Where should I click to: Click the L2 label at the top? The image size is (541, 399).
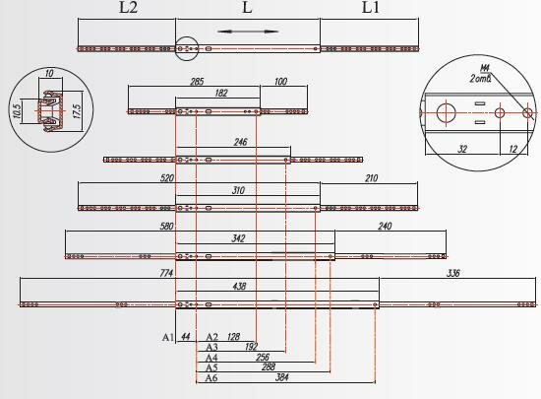tap(128, 7)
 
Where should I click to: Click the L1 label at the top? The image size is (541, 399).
tap(371, 7)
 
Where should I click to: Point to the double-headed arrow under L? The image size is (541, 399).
tap(247, 32)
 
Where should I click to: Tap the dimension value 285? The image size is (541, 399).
tap(197, 82)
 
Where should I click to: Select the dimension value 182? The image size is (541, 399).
tap(221, 93)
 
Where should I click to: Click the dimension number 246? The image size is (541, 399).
tap(240, 142)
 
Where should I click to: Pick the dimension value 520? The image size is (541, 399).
tap(167, 178)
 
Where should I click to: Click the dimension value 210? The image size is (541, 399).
tap(371, 178)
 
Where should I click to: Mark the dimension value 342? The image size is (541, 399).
tap(238, 238)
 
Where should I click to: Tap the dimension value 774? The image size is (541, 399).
tap(166, 273)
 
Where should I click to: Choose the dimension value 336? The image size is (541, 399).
tap(453, 273)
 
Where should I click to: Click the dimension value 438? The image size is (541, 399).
tap(239, 286)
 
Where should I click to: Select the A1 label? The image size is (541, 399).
tap(168, 337)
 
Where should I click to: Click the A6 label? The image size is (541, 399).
tap(211, 378)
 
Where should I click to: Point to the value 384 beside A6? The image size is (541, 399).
tap(282, 377)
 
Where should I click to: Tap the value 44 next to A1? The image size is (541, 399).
tap(186, 337)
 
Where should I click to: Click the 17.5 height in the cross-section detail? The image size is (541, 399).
tap(77, 111)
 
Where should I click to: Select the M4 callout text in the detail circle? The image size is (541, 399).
tap(485, 68)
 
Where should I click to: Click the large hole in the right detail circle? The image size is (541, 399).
tap(447, 112)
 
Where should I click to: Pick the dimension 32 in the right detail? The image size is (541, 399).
tap(462, 149)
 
